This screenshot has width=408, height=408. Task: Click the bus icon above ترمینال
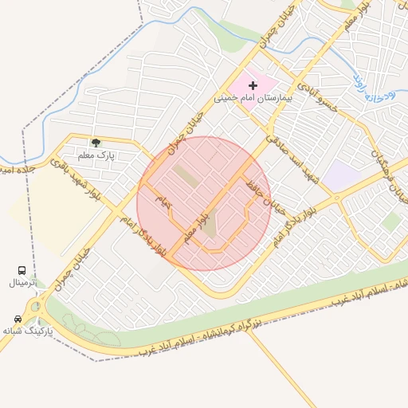click(x=22, y=271)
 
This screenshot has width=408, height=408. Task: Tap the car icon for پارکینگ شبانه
click(x=18, y=319)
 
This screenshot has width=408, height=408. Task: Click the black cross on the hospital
click(x=253, y=84)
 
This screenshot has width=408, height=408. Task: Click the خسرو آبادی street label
click(x=318, y=95)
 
